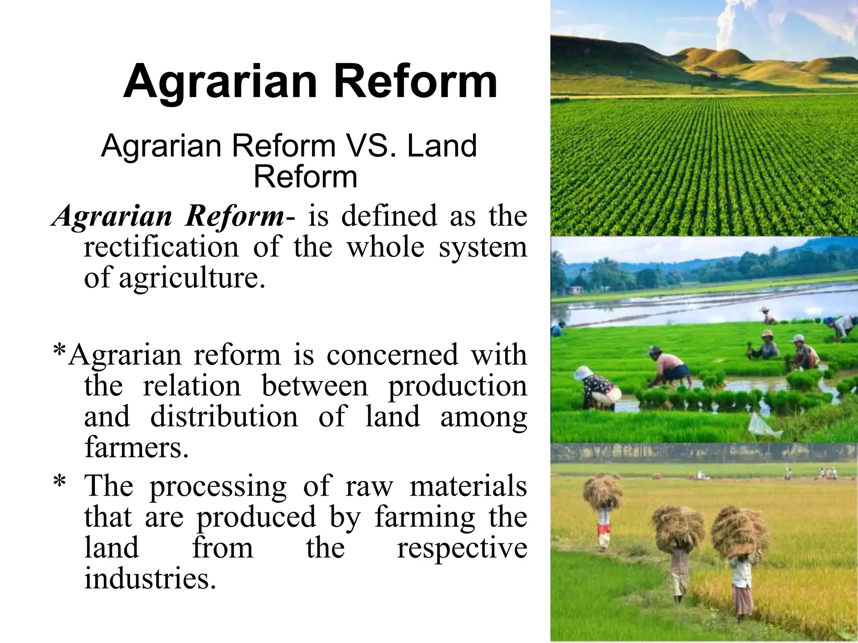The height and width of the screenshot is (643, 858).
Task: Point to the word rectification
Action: point(161,247)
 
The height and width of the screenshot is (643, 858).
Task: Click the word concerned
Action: point(392,355)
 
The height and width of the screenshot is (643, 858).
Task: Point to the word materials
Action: point(468,487)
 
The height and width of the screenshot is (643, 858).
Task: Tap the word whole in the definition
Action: point(385,247)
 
